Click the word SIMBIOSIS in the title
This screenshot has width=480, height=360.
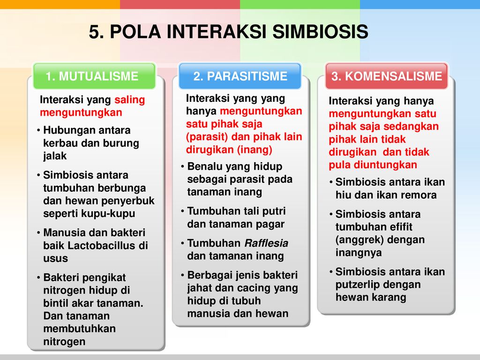pyautogui.click(x=320, y=31)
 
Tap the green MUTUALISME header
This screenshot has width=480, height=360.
pyautogui.click(x=94, y=76)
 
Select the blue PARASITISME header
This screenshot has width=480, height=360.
pyautogui.click(x=240, y=76)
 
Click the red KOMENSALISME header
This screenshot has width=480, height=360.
pyautogui.click(x=386, y=76)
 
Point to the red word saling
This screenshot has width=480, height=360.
pyautogui.click(x=129, y=100)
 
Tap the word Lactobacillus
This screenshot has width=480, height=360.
pyautogui.click(x=103, y=246)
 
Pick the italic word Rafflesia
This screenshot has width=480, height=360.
pyautogui.click(x=266, y=243)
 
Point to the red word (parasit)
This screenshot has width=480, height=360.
pyautogui.click(x=207, y=137)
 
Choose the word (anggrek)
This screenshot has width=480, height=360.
pyautogui.click(x=357, y=240)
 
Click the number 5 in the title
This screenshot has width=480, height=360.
pyautogui.click(x=94, y=32)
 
